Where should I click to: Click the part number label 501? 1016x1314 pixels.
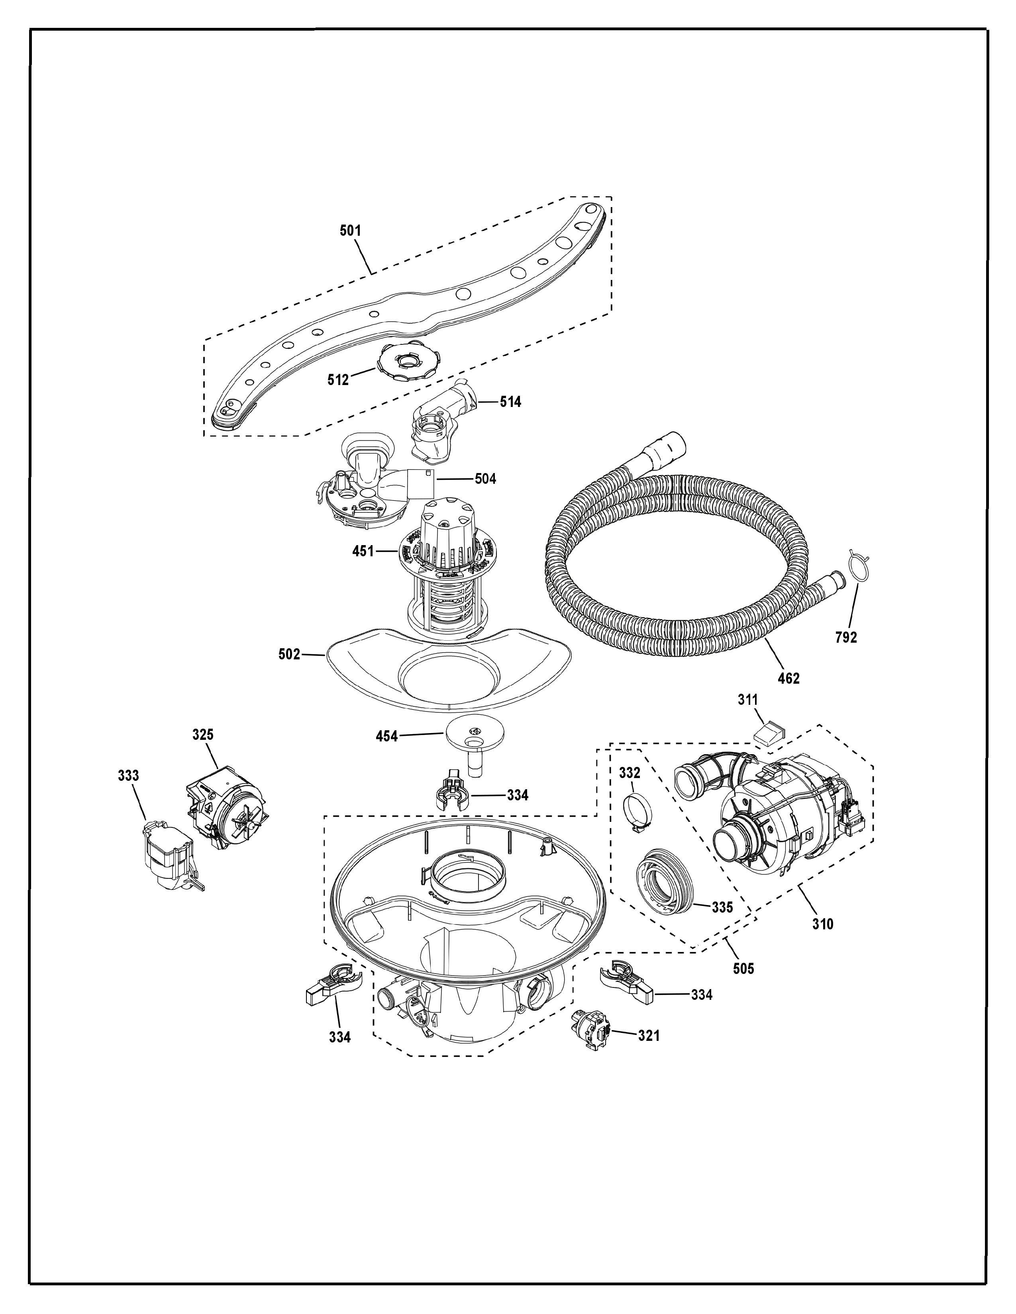pyautogui.click(x=350, y=231)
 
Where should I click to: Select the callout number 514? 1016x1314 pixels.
pyautogui.click(x=510, y=402)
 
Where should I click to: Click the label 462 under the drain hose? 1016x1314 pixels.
pyautogui.click(x=788, y=679)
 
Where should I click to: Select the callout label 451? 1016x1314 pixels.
pyautogui.click(x=363, y=551)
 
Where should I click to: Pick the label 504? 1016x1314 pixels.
pyautogui.click(x=485, y=479)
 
